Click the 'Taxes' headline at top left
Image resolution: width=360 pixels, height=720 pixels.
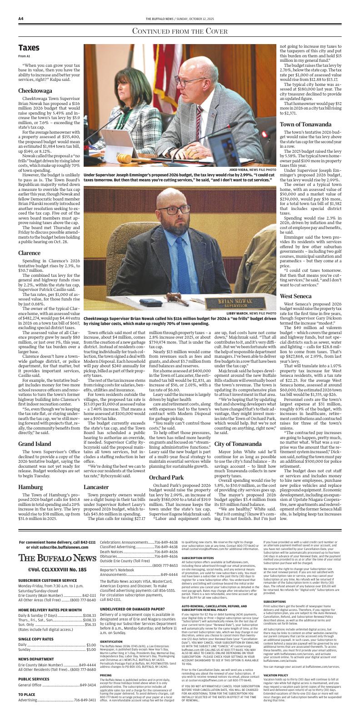pyautogui.click(x=29, y=48)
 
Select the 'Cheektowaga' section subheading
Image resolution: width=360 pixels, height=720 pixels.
pyautogui.click(x=35, y=91)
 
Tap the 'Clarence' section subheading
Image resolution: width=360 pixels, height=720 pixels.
pyautogui.click(x=30, y=253)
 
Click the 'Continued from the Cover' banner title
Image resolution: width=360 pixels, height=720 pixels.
pyautogui.click(x=180, y=31)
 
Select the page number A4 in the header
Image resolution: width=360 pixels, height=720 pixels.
pyautogui.click(x=21, y=19)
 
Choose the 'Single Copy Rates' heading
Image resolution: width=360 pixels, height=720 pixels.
pyautogui.click(x=36, y=639)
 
